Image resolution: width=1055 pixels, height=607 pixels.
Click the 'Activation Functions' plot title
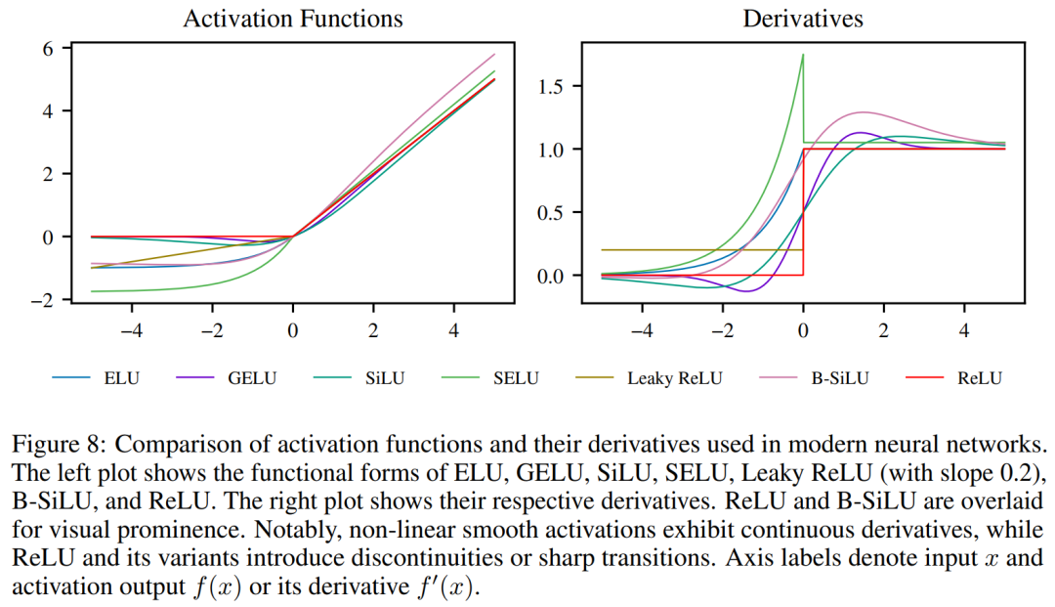[292, 19]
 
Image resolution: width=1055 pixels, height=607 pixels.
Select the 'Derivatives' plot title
[803, 19]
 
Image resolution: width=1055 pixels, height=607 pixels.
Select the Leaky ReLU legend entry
[674, 378]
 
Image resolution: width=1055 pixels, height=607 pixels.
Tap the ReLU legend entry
[980, 378]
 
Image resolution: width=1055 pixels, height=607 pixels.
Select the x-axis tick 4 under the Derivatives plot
[964, 330]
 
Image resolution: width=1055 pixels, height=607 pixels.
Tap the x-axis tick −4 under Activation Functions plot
[131, 330]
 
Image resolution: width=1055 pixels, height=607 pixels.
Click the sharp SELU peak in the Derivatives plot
[803, 55]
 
